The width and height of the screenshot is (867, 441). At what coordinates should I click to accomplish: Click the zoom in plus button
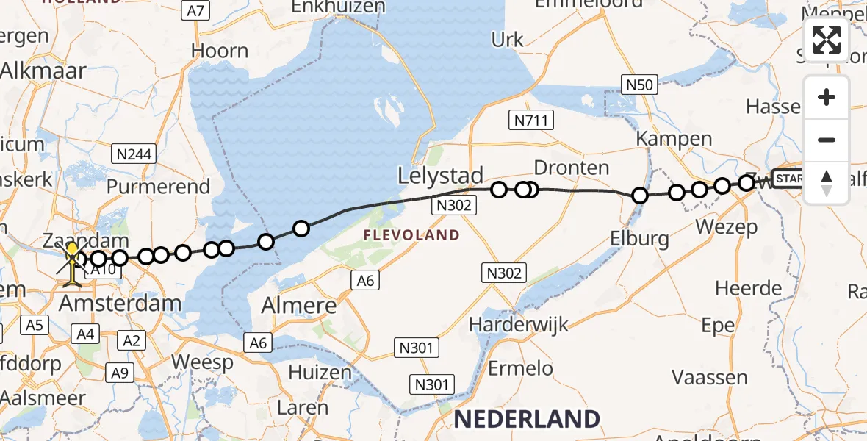[827, 97]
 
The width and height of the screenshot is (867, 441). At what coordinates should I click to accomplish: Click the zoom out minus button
[827, 140]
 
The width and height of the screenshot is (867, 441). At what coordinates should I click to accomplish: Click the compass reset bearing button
[827, 183]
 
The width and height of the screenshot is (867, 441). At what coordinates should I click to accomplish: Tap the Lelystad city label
[441, 176]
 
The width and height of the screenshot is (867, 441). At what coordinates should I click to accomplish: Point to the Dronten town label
[571, 168]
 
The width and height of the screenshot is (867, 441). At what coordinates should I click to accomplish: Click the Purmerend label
[159, 186]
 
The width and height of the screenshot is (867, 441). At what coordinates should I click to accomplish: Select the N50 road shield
[638, 85]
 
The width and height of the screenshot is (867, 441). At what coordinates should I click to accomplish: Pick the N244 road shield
[133, 154]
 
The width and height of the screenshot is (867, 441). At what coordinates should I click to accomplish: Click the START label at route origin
[789, 179]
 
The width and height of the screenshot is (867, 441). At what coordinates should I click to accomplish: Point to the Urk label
[508, 39]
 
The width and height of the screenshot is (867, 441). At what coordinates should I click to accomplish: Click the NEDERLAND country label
[527, 419]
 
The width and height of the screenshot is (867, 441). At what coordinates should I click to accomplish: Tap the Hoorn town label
[220, 51]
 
